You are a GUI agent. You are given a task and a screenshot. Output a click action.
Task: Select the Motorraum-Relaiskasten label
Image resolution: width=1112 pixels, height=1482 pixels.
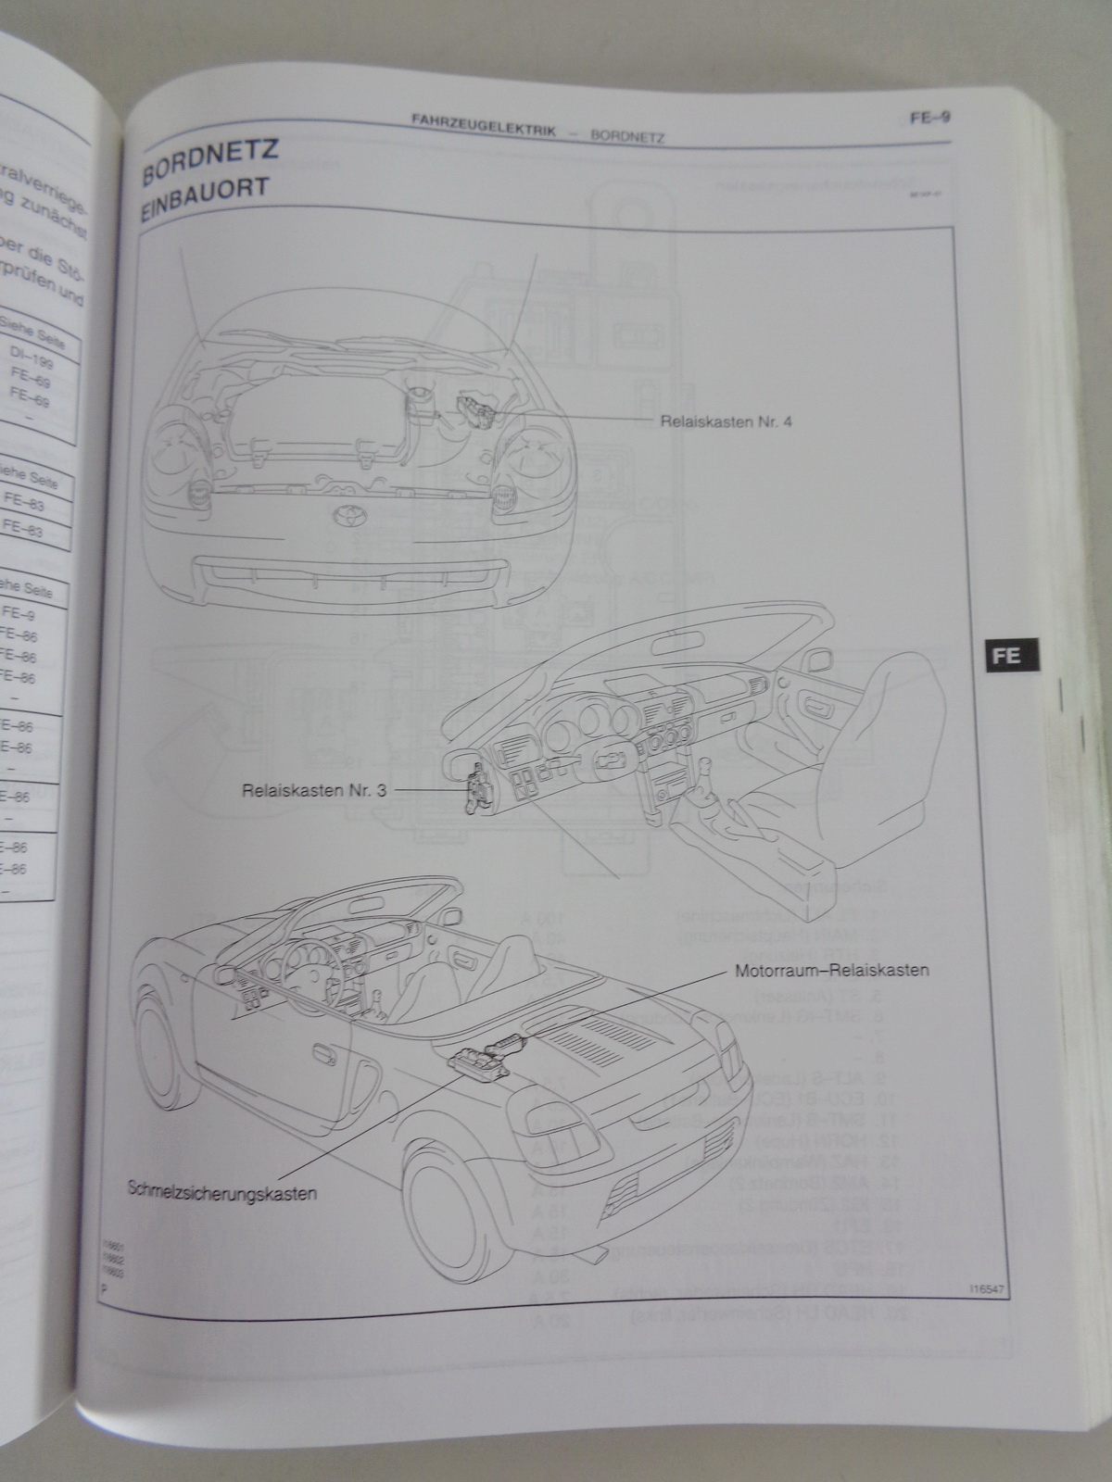click(832, 972)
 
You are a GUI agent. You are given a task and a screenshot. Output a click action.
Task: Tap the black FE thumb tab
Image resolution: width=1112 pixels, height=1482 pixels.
click(1006, 655)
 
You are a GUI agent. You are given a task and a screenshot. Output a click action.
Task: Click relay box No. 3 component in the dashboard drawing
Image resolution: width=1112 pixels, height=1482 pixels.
click(480, 787)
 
